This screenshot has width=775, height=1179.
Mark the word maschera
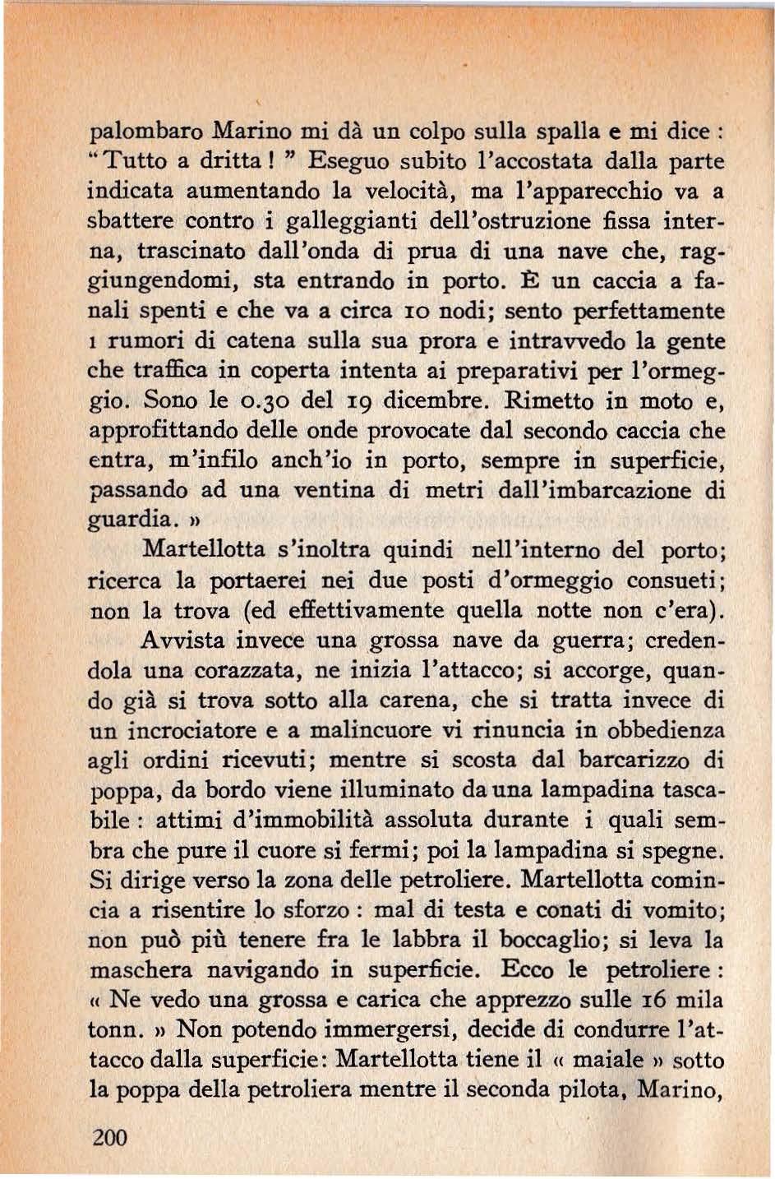140,970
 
